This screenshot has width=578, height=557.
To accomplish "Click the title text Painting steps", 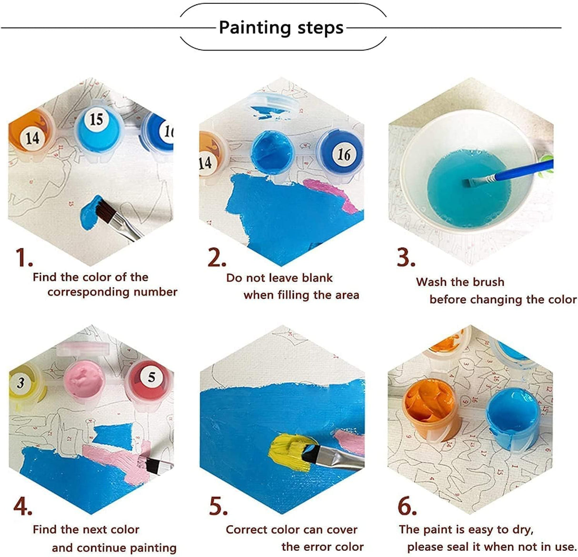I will (x=281, y=28).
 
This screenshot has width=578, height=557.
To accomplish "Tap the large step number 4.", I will (x=23, y=506).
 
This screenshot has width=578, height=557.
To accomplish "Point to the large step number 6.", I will (x=407, y=506).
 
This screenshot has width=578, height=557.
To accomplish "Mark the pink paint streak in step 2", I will (x=333, y=193).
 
